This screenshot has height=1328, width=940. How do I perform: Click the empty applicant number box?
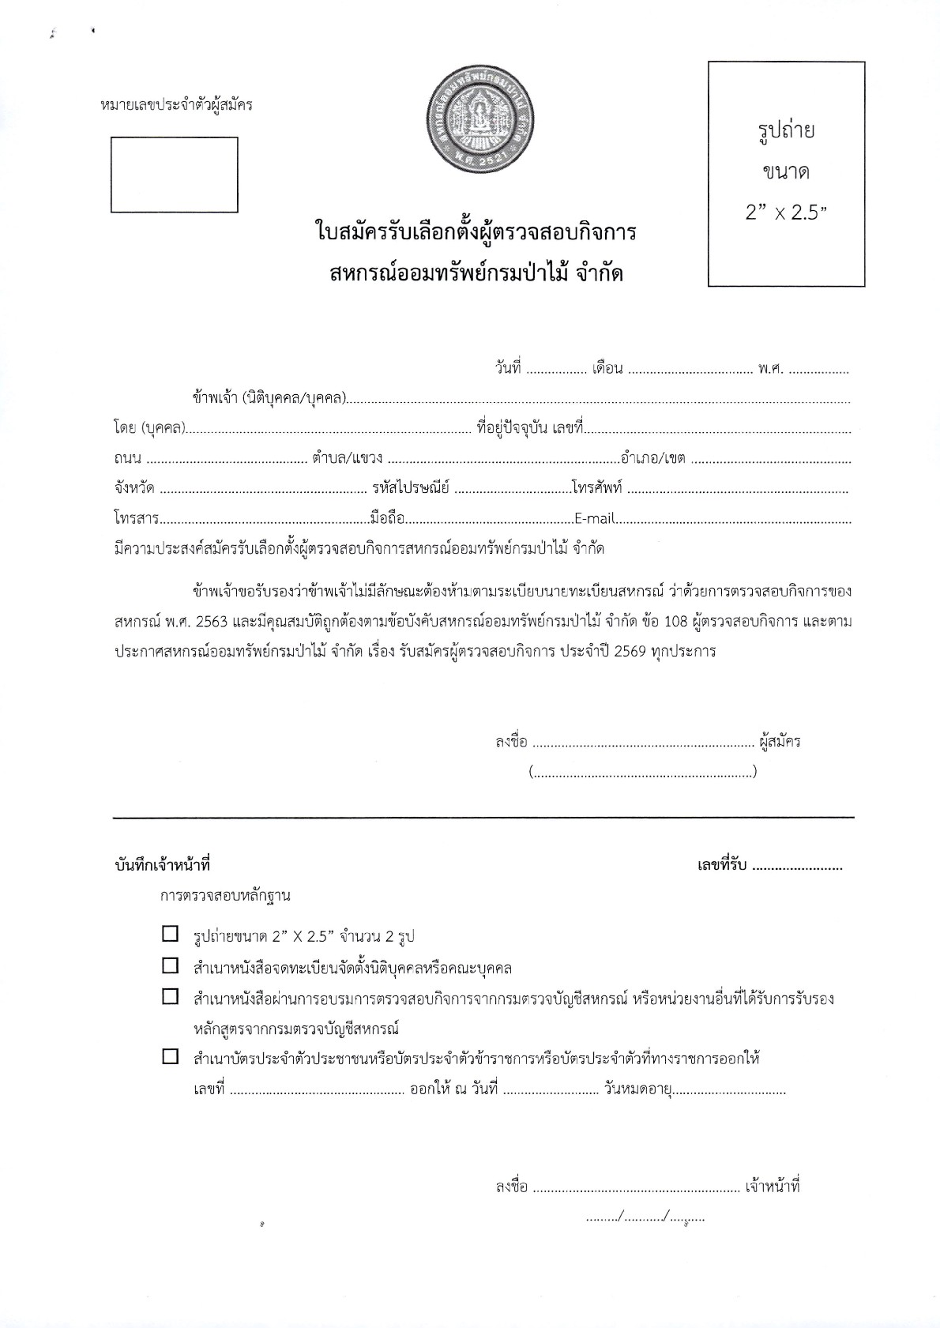174,175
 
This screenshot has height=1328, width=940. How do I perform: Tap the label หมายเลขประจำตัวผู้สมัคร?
176,104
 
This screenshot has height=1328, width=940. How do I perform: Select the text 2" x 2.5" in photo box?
785,213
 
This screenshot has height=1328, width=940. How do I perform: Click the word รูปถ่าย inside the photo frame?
786,131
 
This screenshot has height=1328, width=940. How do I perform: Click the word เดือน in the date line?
608,368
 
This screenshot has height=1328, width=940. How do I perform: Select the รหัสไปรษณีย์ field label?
411,488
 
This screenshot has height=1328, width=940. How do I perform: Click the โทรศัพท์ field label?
597,488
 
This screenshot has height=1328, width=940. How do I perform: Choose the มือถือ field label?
387,519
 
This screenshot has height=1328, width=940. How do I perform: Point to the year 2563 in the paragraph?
212,621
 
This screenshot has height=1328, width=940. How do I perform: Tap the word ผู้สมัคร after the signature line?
780,742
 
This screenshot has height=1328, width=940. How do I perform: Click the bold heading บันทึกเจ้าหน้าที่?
162,866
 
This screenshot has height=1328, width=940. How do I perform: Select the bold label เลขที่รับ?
722,866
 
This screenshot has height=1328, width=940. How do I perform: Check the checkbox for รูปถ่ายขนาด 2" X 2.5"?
170,934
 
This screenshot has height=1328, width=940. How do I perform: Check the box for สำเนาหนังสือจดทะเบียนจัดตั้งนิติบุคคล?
170,965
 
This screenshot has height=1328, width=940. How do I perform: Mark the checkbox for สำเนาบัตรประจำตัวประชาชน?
170,1057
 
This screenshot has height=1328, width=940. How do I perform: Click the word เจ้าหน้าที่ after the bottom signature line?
773,1187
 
